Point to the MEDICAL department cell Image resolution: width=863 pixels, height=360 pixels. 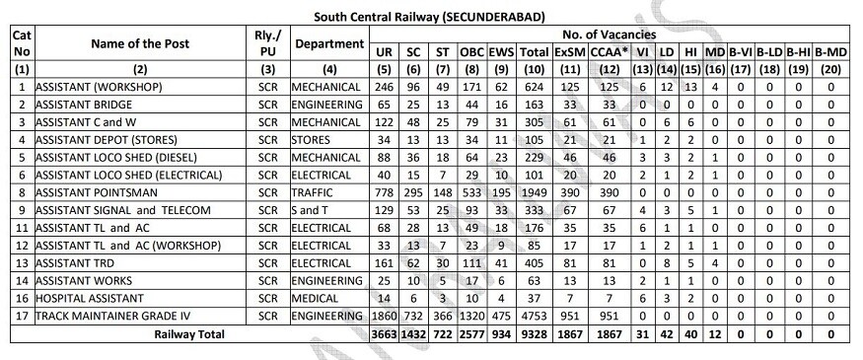[x=318, y=297]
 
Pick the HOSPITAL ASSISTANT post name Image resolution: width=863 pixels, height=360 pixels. [x=85, y=297]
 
